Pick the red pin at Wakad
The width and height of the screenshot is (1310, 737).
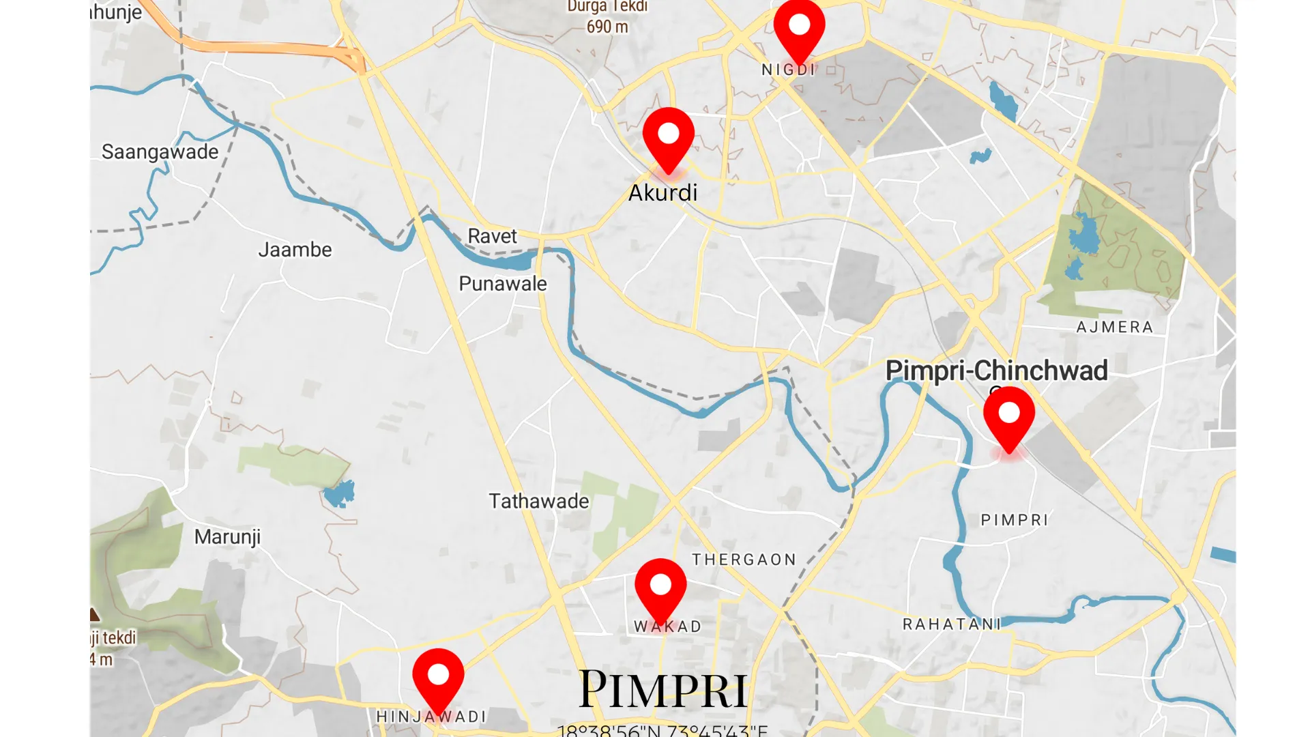(x=660, y=588)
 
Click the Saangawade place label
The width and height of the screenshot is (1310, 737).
(x=160, y=151)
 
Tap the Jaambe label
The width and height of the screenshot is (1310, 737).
(x=295, y=250)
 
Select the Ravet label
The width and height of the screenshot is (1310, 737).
(x=492, y=236)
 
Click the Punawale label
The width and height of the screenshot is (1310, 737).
(x=502, y=283)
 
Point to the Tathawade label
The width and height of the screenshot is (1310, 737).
(x=538, y=501)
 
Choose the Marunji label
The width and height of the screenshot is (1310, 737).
(x=227, y=537)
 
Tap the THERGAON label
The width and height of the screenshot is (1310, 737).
(x=744, y=560)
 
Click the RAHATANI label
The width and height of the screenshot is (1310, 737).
(x=951, y=624)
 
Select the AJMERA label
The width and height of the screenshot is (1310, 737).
(x=1114, y=328)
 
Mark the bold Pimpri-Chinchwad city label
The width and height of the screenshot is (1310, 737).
(x=995, y=371)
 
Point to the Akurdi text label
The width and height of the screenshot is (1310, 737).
(x=663, y=193)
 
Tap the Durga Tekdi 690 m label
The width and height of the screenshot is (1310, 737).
(x=607, y=17)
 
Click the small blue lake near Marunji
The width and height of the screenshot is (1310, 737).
(x=339, y=493)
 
